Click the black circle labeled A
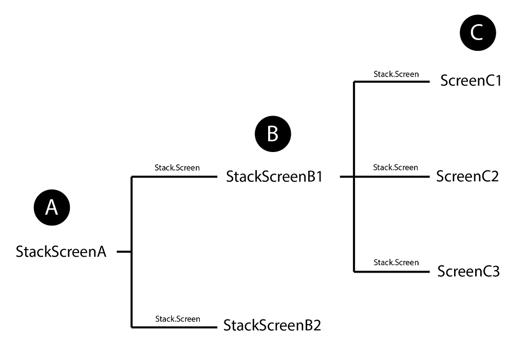(52, 207)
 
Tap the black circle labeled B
(273, 134)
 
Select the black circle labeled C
(477, 33)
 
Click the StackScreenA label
(61, 252)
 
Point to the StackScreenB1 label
(274, 177)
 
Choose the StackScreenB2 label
(272, 326)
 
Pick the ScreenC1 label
(471, 81)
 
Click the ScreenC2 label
(467, 176)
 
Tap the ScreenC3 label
(468, 271)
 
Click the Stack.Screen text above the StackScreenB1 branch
(177, 167)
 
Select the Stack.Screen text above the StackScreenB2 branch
(178, 319)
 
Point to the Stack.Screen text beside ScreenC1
(396, 74)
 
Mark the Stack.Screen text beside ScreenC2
(396, 167)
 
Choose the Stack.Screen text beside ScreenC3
(396, 262)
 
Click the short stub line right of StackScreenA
(124, 252)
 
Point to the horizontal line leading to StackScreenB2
(175, 327)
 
